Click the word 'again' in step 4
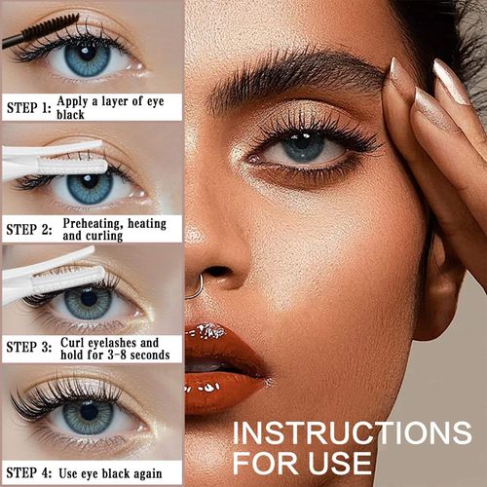tap(160, 473)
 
